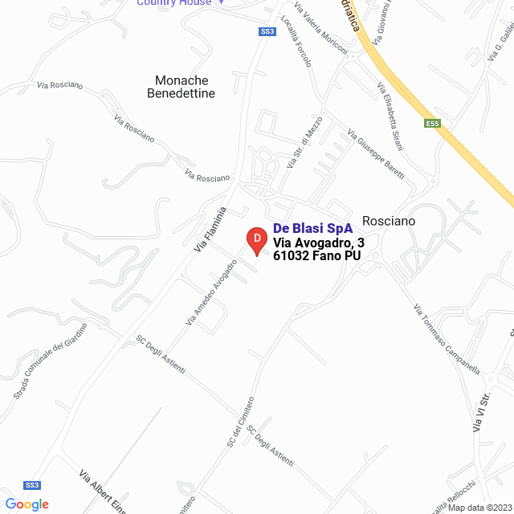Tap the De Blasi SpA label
point(312,228)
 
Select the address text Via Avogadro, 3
point(319,243)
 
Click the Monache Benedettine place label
point(182,87)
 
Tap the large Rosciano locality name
point(389,220)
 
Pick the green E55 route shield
point(433,123)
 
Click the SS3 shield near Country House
point(267,31)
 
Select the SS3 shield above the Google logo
point(32,485)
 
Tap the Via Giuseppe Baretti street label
point(376,154)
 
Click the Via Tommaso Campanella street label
point(447,339)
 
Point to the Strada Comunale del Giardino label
point(50,361)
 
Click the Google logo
point(27,504)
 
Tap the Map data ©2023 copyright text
point(478,508)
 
